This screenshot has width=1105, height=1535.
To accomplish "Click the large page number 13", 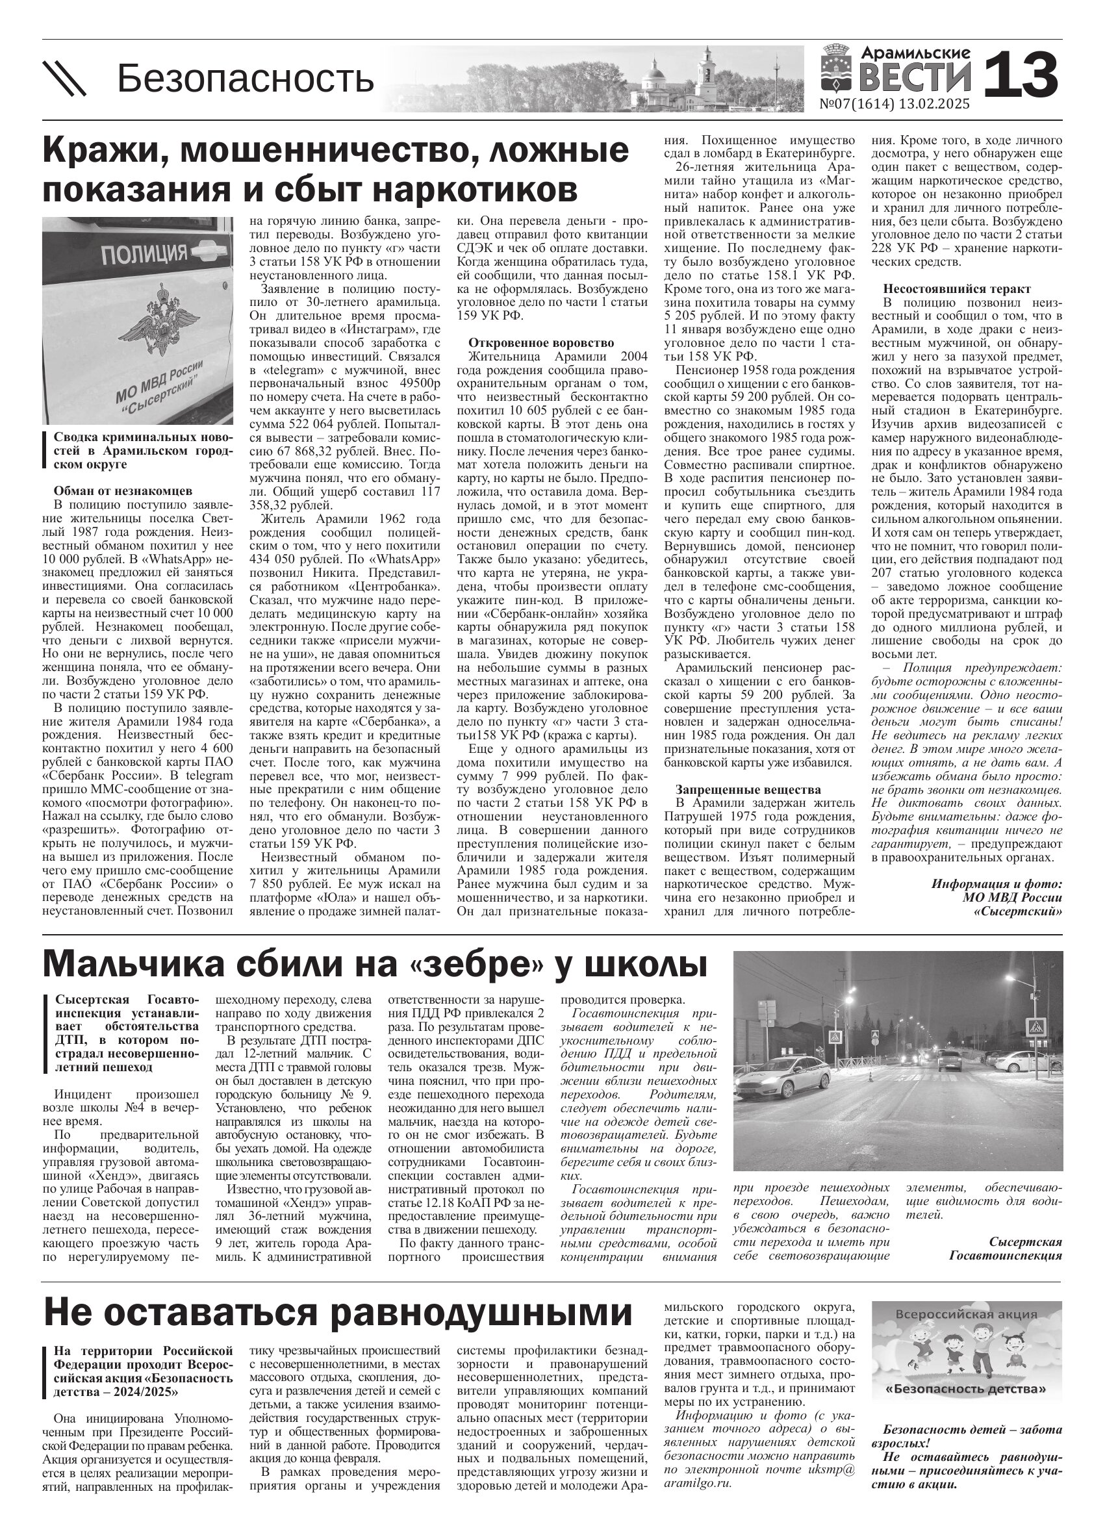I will (1021, 75).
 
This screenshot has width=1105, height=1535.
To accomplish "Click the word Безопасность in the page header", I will (245, 79).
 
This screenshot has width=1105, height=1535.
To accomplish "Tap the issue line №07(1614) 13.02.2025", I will (894, 104).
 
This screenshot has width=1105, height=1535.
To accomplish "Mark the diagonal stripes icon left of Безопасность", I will (65, 79).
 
